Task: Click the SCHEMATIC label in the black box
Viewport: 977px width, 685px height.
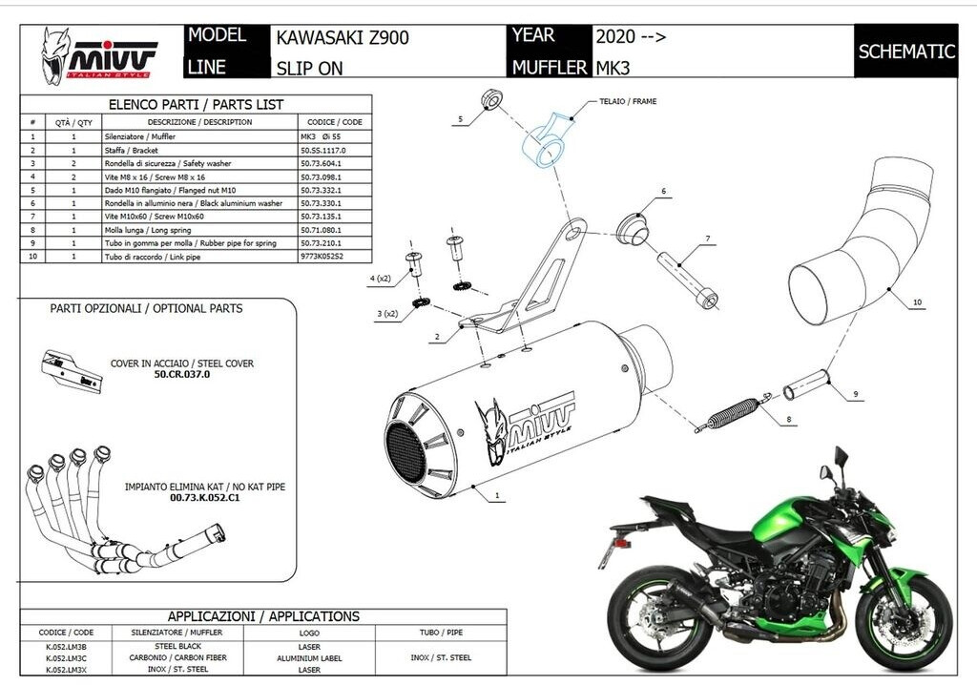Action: click(x=906, y=52)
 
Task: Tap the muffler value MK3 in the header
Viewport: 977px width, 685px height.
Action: click(x=613, y=68)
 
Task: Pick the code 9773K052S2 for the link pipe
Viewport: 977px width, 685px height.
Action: click(x=321, y=257)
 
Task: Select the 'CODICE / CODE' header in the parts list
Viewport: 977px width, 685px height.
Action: click(x=334, y=122)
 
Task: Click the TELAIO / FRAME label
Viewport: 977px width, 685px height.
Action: click(x=627, y=101)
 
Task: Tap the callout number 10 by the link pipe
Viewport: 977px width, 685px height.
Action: click(x=917, y=302)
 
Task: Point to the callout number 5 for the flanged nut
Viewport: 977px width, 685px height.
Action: click(x=459, y=119)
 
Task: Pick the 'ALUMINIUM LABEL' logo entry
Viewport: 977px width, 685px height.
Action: click(x=310, y=658)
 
